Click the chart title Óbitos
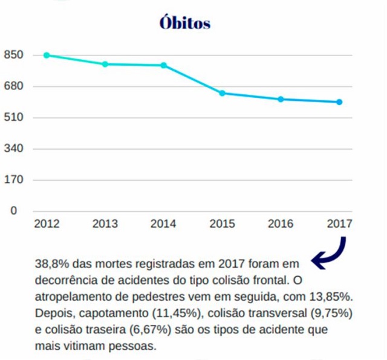pos(185,23)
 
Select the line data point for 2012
pos(47,55)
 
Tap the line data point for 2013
pos(105,64)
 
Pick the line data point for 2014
pos(163,65)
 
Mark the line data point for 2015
pos(222,93)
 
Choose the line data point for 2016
pos(281,99)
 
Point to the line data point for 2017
pos(339,102)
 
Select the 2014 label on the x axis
pos(163,224)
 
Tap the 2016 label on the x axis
pos(281,224)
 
